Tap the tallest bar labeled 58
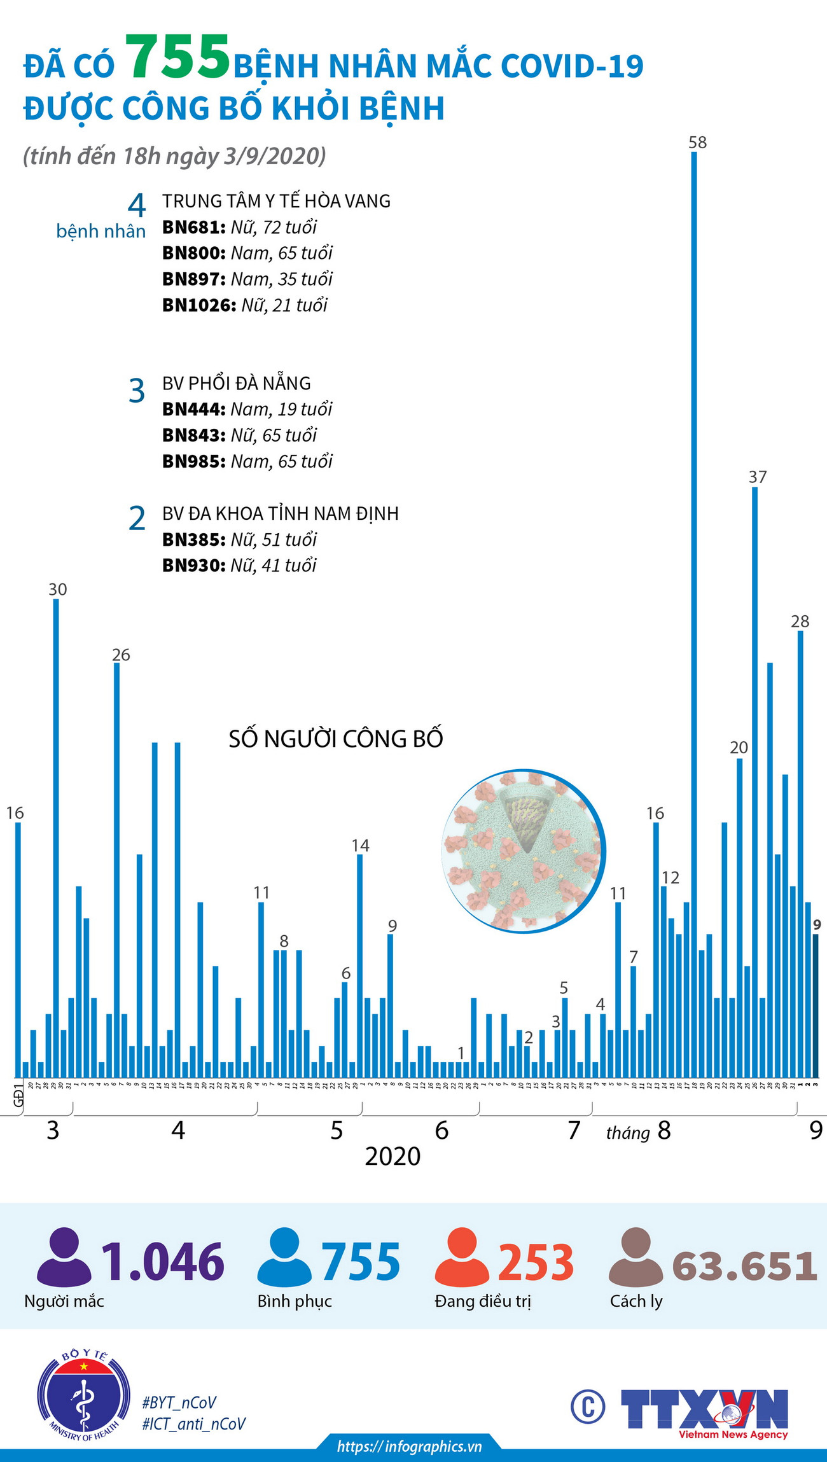tap(694, 611)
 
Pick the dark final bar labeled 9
tap(816, 1005)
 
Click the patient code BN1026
tap(195, 305)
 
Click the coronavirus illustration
tap(523, 851)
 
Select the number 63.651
tap(744, 1266)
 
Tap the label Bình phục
tap(295, 1302)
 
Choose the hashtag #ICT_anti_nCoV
tap(194, 1424)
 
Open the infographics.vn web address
tap(409, 1447)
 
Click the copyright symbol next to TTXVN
tap(588, 1406)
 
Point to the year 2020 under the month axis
tap(393, 1156)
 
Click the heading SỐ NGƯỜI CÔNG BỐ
tap(336, 739)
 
